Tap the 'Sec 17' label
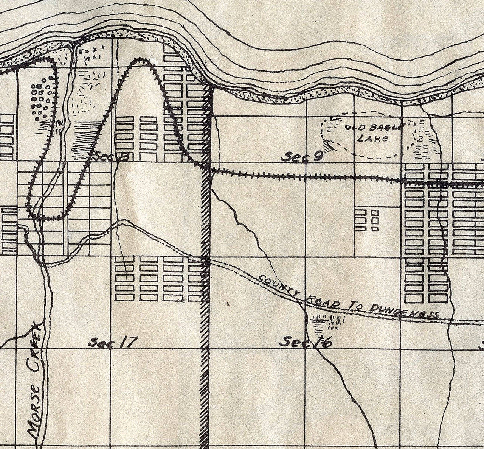[112, 342]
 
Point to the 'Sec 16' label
[306, 342]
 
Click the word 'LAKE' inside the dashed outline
[372, 138]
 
